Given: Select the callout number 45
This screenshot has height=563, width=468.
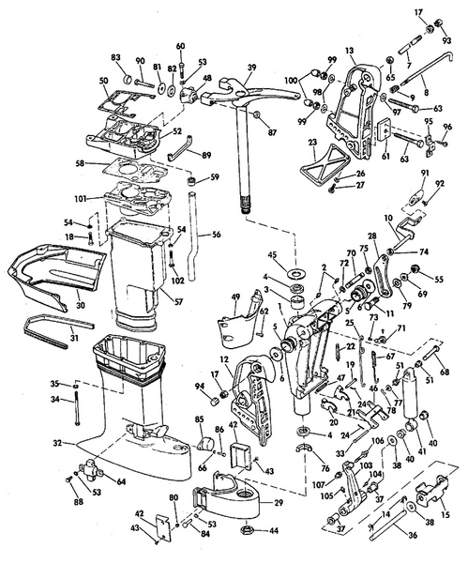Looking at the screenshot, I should [297, 255].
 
